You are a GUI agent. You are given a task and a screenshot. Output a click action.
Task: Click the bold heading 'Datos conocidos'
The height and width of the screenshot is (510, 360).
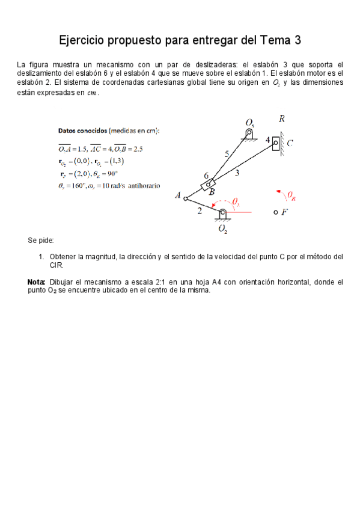(x=82, y=130)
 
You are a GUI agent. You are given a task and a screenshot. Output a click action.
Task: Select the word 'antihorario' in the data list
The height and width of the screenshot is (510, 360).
(x=141, y=186)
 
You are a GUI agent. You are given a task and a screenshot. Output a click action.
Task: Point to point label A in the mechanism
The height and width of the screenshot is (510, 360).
(x=177, y=195)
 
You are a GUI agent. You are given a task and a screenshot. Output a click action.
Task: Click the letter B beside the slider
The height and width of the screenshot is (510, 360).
(x=212, y=191)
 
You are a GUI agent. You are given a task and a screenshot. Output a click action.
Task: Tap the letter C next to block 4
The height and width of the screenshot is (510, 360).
(x=290, y=143)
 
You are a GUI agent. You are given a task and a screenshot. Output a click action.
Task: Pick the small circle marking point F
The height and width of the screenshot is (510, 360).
(x=275, y=212)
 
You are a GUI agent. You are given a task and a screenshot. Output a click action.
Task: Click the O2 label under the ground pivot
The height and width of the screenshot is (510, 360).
(x=223, y=229)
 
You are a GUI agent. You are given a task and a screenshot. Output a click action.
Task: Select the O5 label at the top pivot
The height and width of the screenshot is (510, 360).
(x=250, y=123)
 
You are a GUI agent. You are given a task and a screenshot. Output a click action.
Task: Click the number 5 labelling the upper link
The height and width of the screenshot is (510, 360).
(x=227, y=154)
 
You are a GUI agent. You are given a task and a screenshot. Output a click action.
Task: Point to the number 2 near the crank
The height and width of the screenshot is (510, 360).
(x=200, y=210)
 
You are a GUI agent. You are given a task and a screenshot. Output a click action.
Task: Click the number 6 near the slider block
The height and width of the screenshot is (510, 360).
(x=206, y=176)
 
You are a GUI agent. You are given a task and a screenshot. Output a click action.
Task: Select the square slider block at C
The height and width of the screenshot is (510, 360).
(x=276, y=143)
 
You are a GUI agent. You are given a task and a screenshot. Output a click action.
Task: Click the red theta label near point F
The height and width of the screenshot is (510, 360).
(x=290, y=195)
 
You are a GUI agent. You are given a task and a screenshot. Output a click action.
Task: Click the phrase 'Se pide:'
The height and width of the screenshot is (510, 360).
(x=41, y=241)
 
